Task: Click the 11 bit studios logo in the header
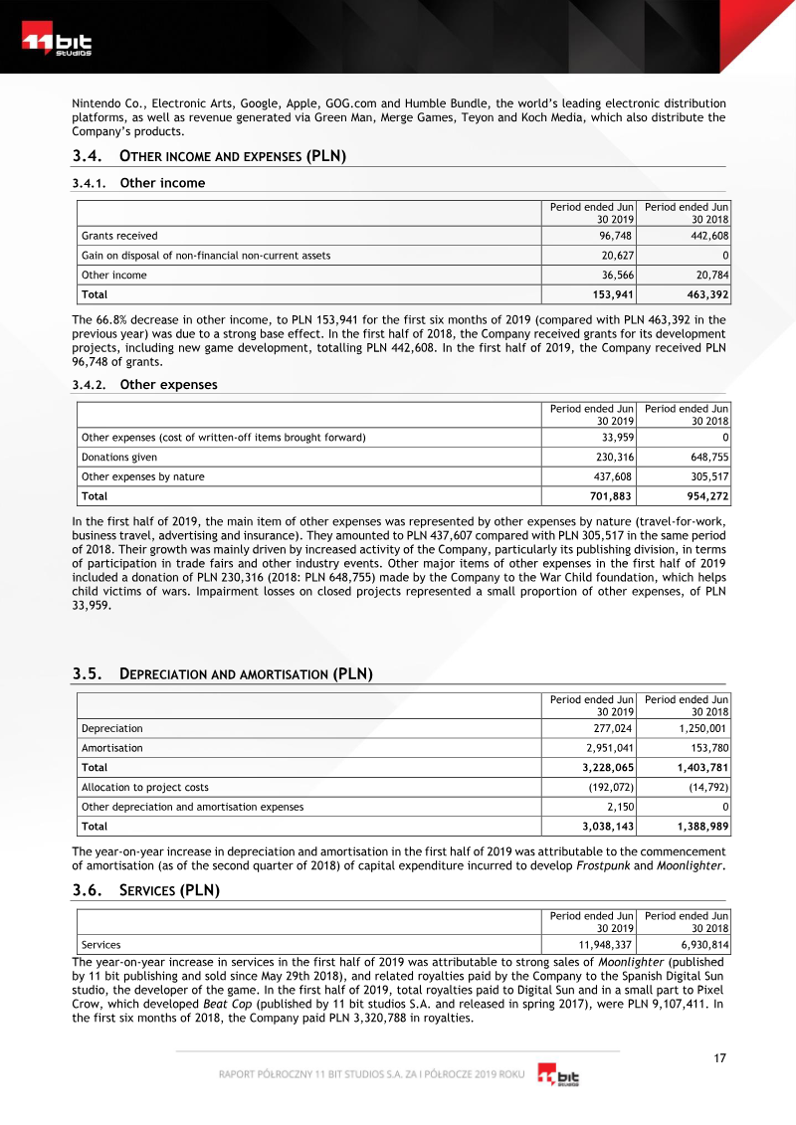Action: (x=58, y=44)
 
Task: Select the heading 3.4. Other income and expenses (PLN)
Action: (x=209, y=156)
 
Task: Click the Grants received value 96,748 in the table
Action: (x=612, y=236)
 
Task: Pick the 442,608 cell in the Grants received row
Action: (x=707, y=236)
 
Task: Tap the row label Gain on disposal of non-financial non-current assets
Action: (x=206, y=256)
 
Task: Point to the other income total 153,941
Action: (x=608, y=294)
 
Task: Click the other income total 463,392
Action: (x=704, y=294)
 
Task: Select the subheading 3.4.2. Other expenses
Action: (x=145, y=385)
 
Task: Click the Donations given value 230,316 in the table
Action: (x=612, y=457)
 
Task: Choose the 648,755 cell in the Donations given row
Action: (x=707, y=457)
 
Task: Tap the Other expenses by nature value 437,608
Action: (x=612, y=476)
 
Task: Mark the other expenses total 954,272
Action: (x=704, y=496)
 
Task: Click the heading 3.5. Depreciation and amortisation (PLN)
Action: (x=222, y=674)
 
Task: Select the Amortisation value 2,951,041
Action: (x=605, y=748)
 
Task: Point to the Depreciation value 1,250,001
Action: (x=701, y=728)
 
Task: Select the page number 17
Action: (x=719, y=1058)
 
